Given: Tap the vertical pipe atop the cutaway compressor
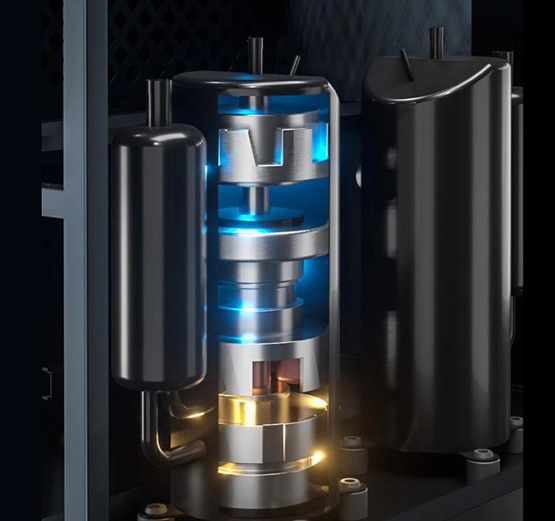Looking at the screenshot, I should [x=254, y=55].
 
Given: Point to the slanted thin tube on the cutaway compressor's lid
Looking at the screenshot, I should [x=294, y=65].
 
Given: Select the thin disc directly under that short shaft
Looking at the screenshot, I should [x=262, y=216].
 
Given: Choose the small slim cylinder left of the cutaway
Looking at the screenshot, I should [x=158, y=254].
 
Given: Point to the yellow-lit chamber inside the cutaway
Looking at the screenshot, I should [x=270, y=408].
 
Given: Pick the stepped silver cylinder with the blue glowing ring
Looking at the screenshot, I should [x=262, y=289].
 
